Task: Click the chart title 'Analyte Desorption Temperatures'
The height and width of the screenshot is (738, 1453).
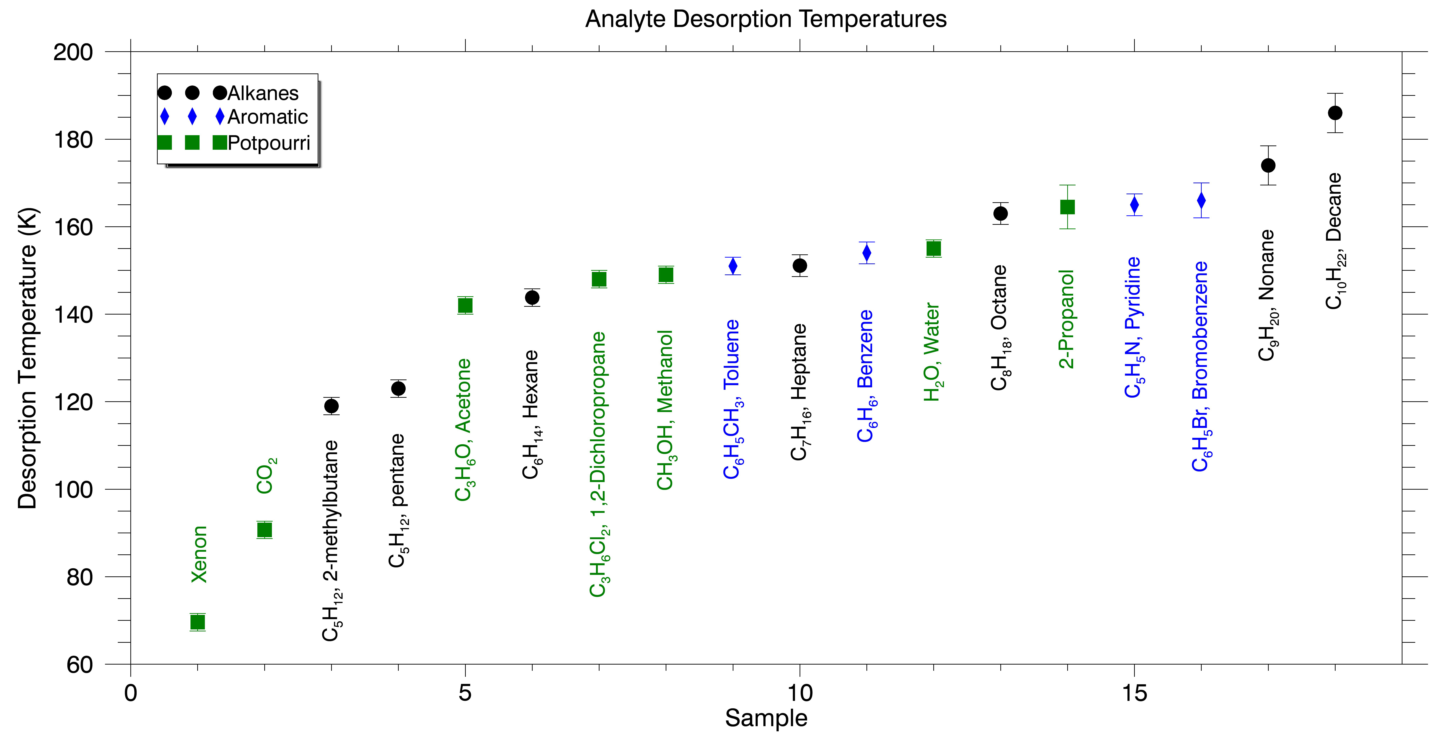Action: [765, 19]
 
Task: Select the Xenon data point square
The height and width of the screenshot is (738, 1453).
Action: [197, 622]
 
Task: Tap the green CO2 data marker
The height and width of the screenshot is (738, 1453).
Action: [264, 530]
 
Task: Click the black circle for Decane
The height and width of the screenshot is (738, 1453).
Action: [1335, 113]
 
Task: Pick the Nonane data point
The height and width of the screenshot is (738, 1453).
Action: [1268, 165]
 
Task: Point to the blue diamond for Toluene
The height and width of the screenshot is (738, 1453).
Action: [733, 266]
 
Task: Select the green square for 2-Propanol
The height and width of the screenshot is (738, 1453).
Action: [1067, 207]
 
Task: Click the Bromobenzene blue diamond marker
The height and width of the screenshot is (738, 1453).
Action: [1201, 200]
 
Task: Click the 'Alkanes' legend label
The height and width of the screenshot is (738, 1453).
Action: [263, 93]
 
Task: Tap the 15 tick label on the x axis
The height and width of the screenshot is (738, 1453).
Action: [1134, 693]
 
